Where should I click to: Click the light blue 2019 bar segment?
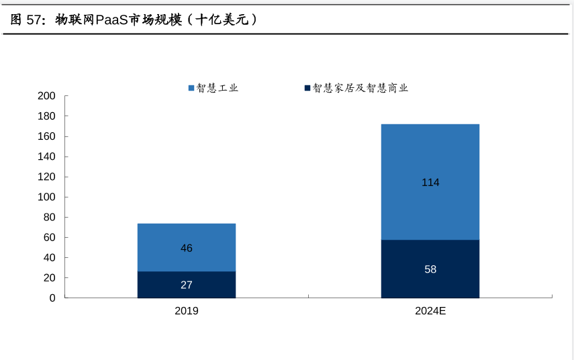tap(187, 235)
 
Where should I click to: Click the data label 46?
tap(187, 249)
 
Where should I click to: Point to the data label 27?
tap(187, 285)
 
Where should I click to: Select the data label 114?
tap(430, 182)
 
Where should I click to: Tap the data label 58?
tap(430, 269)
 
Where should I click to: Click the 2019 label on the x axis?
tap(187, 311)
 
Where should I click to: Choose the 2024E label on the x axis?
tap(430, 311)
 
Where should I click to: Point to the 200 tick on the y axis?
tap(47, 96)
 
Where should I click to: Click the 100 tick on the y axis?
tap(47, 197)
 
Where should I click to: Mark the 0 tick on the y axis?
tap(52, 298)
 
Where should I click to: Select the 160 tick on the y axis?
tap(47, 136)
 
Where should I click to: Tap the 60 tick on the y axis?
tap(50, 238)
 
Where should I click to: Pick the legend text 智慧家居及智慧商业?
tap(361, 88)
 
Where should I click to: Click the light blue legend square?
tap(191, 88)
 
